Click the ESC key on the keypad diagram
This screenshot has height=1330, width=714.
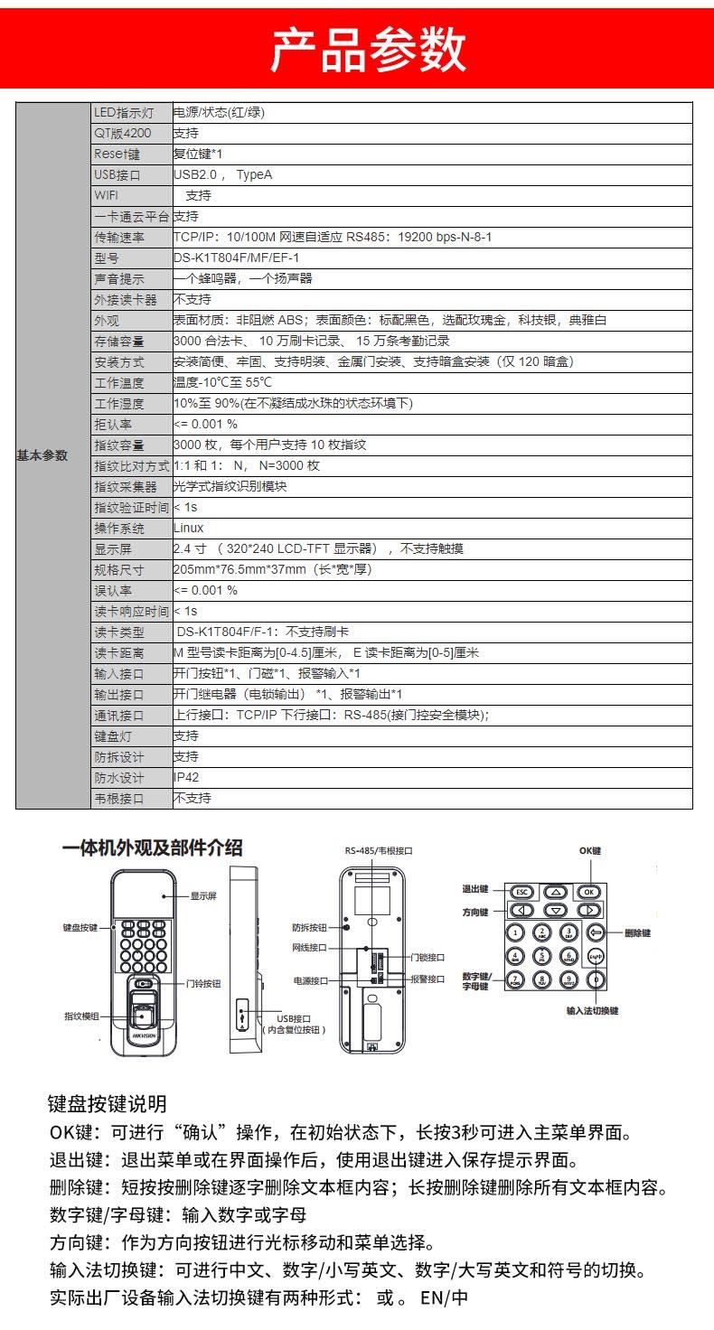[522, 892]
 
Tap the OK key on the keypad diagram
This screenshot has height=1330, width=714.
[589, 892]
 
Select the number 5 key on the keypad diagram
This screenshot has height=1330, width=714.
[542, 956]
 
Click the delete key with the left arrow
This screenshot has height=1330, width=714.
[595, 932]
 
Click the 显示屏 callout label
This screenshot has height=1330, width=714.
[203, 896]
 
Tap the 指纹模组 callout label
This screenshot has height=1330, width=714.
[81, 1016]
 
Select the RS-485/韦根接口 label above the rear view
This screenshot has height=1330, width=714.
[379, 850]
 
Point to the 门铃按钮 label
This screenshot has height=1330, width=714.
[203, 983]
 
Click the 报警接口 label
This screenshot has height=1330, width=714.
[427, 979]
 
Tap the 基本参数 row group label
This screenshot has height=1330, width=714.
[42, 455]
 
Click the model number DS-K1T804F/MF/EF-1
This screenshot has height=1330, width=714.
[236, 258]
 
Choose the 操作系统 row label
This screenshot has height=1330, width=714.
[119, 528]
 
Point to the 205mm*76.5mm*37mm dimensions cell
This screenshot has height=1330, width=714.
[272, 569]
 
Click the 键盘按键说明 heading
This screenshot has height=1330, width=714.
[107, 1103]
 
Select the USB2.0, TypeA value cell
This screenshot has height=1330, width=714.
[222, 174]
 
